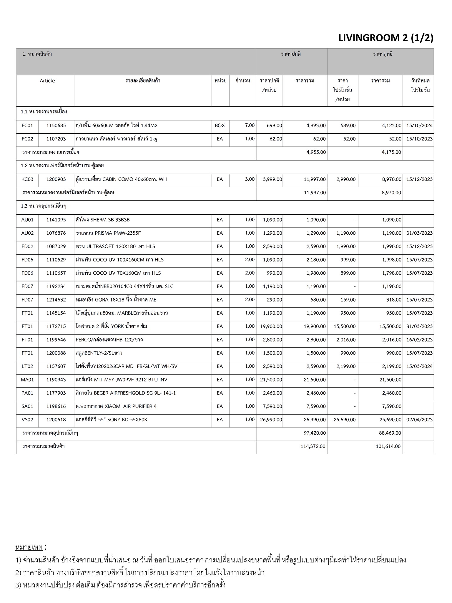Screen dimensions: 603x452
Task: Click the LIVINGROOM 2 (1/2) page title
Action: (386, 38)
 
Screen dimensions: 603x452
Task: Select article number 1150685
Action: (56, 125)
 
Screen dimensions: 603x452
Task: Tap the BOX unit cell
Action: (220, 125)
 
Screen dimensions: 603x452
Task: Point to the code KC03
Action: (27, 179)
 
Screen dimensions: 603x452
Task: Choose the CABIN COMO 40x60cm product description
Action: (121, 179)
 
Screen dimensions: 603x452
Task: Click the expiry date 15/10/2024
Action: (419, 125)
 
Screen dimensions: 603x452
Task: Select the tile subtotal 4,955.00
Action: (316, 152)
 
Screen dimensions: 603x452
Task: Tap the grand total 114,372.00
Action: (313, 446)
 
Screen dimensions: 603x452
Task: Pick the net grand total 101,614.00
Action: (388, 446)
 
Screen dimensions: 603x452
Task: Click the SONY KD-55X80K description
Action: (111, 420)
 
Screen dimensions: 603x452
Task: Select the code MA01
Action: (27, 380)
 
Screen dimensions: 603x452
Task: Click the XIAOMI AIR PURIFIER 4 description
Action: (116, 406)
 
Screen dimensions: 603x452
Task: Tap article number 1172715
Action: (56, 326)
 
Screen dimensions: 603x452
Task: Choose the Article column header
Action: (47, 81)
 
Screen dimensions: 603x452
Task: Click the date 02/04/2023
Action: (419, 420)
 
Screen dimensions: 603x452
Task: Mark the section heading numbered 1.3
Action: (44, 206)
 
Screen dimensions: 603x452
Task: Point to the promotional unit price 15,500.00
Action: (344, 326)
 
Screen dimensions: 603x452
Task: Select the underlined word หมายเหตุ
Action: (29, 548)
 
